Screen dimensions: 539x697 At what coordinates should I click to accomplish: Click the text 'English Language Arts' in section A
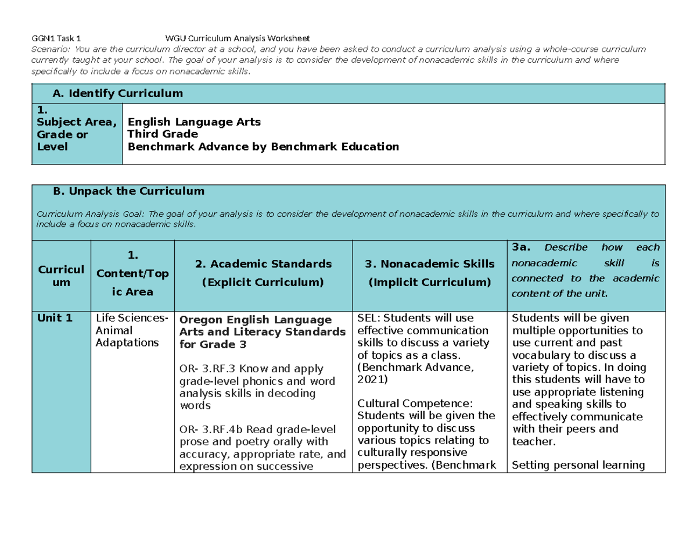tap(194, 122)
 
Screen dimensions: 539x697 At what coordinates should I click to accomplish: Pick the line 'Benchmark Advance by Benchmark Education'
tap(263, 147)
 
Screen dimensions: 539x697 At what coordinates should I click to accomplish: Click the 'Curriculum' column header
tap(61, 276)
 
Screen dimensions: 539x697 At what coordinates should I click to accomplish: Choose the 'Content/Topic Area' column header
tap(132, 273)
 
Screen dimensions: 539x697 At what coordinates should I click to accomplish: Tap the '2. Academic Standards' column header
tap(263, 264)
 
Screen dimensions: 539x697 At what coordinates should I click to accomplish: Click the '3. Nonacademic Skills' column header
tap(429, 264)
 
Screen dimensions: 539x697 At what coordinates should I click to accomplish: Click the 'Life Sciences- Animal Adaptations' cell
tap(132, 330)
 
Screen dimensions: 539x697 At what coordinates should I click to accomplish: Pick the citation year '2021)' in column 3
tap(372, 379)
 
